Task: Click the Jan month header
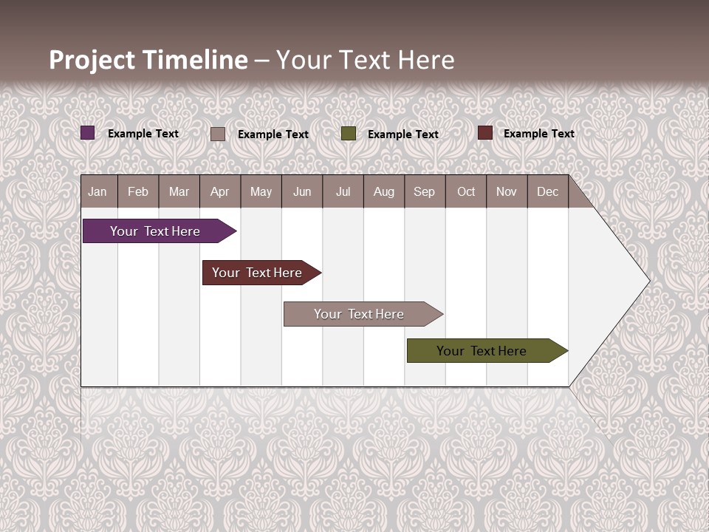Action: tap(98, 191)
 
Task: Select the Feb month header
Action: tap(138, 191)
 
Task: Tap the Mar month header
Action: tap(179, 191)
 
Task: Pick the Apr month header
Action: tap(220, 191)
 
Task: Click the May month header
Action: tap(261, 191)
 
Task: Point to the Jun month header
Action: tap(302, 191)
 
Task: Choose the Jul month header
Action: tap(343, 191)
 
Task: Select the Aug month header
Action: tap(384, 191)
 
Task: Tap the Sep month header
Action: tap(425, 191)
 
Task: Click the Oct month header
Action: tap(466, 191)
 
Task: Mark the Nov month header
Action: tap(507, 191)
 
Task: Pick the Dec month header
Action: tap(548, 191)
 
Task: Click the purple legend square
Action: tap(88, 133)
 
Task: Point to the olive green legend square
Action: tap(349, 134)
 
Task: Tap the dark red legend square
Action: tap(485, 133)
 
